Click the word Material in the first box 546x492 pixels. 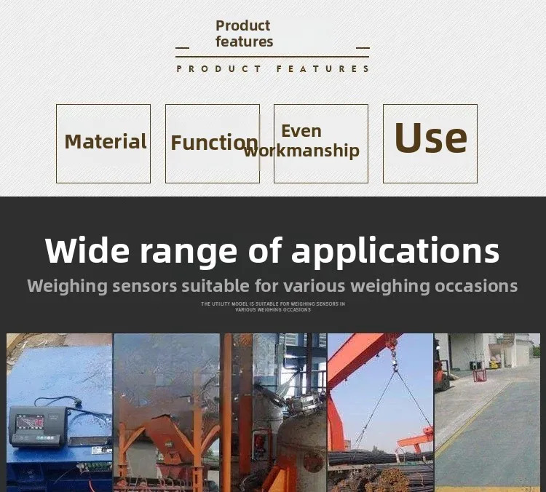click(106, 141)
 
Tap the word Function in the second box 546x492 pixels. click(215, 143)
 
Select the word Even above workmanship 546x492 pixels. click(301, 131)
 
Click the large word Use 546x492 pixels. click(430, 137)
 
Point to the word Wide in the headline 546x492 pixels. click(87, 250)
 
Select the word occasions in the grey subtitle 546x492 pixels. click(476, 286)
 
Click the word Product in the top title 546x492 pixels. click(242, 25)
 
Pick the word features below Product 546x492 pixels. click(244, 41)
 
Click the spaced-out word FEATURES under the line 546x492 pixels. click(323, 68)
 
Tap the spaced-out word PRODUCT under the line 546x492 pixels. click(218, 68)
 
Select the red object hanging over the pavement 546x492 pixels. click(479, 375)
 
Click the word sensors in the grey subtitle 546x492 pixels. click(145, 286)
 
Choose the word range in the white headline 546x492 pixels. click(189, 253)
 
